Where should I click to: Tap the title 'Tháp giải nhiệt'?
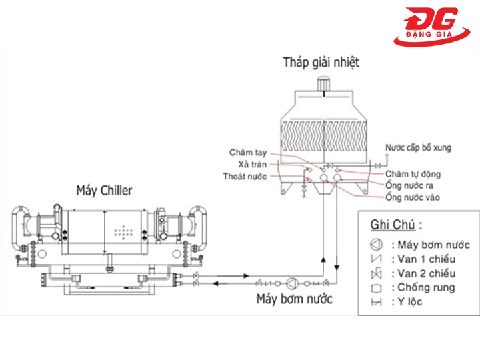coord(321,62)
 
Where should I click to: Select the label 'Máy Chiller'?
coord(105,191)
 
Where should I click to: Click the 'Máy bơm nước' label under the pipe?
coord(294,299)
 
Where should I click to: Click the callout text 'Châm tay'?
coord(248,153)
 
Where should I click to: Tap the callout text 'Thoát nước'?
coord(245,176)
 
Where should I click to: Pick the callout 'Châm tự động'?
coord(413,174)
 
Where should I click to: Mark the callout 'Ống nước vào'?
coord(412,197)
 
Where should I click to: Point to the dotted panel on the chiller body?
coord(124,233)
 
